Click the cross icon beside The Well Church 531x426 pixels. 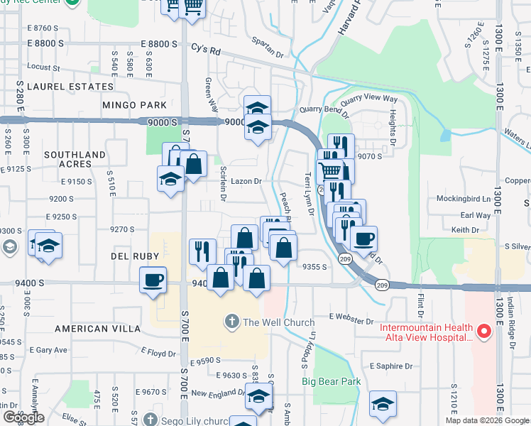231,322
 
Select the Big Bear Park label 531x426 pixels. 331,382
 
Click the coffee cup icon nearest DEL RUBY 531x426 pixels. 154,279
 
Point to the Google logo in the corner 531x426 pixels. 23,417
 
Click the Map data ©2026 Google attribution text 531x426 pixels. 486,420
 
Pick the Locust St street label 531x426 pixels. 45,67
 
